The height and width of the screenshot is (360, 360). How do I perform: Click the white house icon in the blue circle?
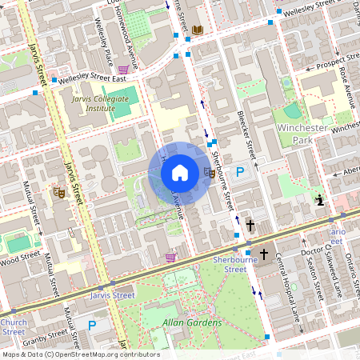coord(180,173)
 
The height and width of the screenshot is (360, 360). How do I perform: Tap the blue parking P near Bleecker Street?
coord(238,172)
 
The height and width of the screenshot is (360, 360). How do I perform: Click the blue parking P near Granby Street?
coord(92,326)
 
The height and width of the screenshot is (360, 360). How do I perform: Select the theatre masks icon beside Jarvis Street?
coord(58,192)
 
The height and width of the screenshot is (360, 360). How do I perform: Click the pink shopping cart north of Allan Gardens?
coord(170,257)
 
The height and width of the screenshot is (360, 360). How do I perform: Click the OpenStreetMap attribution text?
coord(75,354)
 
